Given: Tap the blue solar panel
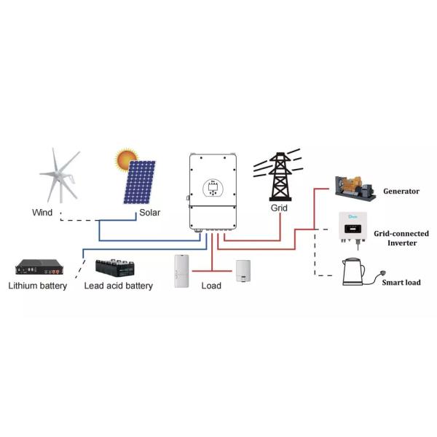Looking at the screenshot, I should (139, 183).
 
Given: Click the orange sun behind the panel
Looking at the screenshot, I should (125, 160).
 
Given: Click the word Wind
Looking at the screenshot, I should (42, 213).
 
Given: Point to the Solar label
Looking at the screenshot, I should (149, 213).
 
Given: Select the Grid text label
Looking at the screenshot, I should (279, 208).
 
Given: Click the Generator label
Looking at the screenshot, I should (401, 192).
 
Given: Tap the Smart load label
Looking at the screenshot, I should (401, 282).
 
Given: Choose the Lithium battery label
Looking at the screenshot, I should (38, 286).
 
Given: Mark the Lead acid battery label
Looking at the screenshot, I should (119, 286).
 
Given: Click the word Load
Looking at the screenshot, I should (211, 286).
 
